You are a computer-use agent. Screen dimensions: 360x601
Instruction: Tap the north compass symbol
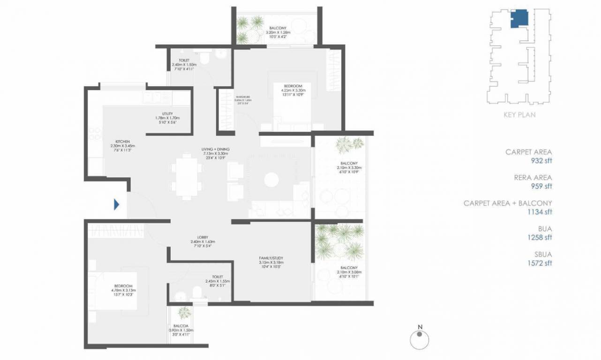(419, 339)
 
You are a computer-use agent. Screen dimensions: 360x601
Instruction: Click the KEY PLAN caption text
(519, 114)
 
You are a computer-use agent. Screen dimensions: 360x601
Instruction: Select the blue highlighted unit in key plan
(518, 19)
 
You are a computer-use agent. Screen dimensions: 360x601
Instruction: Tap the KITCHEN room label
(123, 141)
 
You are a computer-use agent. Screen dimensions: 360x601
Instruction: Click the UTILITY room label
(168, 113)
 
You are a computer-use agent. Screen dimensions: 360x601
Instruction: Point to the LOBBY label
(203, 237)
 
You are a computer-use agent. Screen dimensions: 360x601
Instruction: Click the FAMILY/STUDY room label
(271, 258)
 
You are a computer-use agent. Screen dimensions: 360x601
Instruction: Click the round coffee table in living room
(271, 180)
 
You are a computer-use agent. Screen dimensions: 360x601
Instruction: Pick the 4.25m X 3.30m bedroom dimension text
(292, 90)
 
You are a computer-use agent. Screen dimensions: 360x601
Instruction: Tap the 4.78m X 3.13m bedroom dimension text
(123, 291)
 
